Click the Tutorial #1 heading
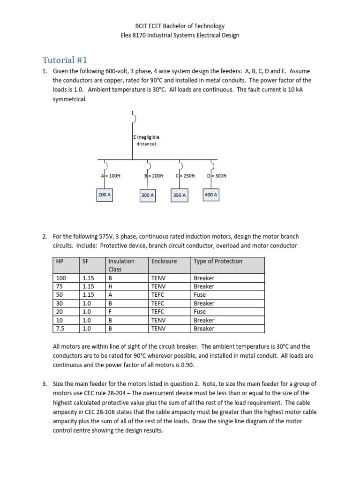(65, 60)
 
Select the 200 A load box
(104, 195)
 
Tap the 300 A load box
(147, 195)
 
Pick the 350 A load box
(179, 195)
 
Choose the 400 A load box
(210, 195)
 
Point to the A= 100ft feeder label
(111, 176)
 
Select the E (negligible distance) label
(146, 141)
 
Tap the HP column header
(60, 261)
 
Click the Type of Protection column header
(218, 261)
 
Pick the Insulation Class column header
(121, 265)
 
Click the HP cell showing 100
(61, 278)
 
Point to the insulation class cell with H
(110, 286)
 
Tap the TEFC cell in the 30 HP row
(159, 303)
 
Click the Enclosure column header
(164, 261)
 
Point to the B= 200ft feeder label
(154, 176)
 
